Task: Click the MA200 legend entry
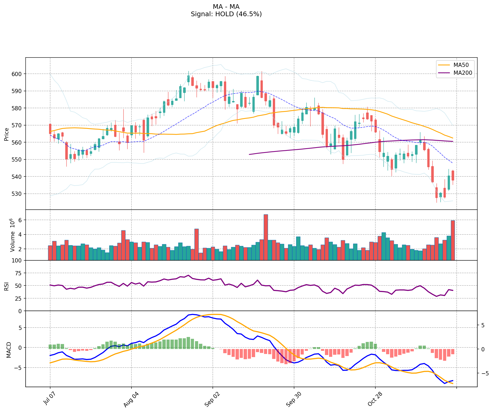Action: (x=463, y=73)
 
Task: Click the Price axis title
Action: (x=7, y=134)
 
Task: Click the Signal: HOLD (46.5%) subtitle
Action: (x=226, y=14)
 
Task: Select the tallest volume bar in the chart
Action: (x=266, y=237)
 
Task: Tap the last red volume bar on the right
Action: (x=453, y=240)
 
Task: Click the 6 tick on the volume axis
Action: (x=20, y=220)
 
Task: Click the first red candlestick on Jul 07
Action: (x=50, y=129)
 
